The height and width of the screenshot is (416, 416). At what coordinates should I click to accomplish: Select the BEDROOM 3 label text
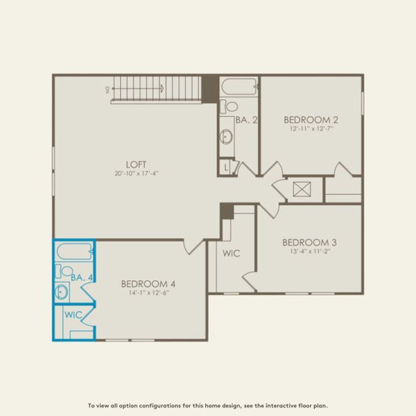pyautogui.click(x=309, y=242)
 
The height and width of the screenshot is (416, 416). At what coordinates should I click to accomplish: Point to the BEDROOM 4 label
pyautogui.click(x=148, y=283)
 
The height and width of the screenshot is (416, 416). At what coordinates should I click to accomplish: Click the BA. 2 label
pyautogui.click(x=246, y=120)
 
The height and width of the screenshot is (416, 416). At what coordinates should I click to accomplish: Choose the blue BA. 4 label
pyautogui.click(x=83, y=277)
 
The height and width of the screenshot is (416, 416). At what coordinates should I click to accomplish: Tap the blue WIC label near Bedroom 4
pyautogui.click(x=73, y=314)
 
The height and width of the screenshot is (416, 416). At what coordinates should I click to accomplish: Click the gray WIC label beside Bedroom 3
pyautogui.click(x=231, y=253)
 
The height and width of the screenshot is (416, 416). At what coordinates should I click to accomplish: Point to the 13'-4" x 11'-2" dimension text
pyautogui.click(x=309, y=251)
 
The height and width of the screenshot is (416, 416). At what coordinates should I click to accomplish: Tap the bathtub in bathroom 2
pyautogui.click(x=239, y=88)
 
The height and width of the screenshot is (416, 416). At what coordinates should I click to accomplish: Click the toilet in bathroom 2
pyautogui.click(x=229, y=106)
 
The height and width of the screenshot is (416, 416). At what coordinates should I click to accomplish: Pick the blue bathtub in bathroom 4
pyautogui.click(x=74, y=251)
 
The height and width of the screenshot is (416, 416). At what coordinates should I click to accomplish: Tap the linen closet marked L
pyautogui.click(x=226, y=166)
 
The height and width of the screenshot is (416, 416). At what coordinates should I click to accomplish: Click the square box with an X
pyautogui.click(x=302, y=189)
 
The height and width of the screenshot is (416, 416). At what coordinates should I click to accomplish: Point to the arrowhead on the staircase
pyautogui.click(x=162, y=89)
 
